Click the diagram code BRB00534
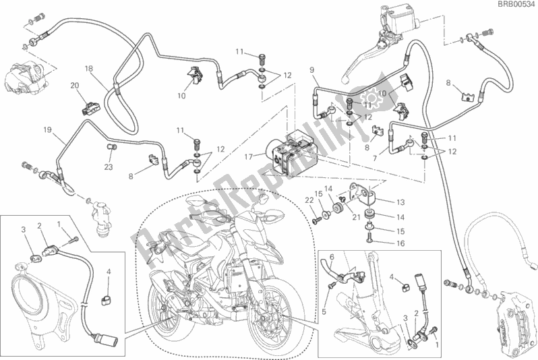517,4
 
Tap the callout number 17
249,157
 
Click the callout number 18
88,69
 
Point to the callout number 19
47,129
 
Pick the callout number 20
74,86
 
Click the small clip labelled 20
90,107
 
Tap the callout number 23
109,167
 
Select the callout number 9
311,70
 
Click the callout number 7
375,158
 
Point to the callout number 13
400,202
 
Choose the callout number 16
400,243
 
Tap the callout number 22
309,200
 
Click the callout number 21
356,217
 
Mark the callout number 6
332,258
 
